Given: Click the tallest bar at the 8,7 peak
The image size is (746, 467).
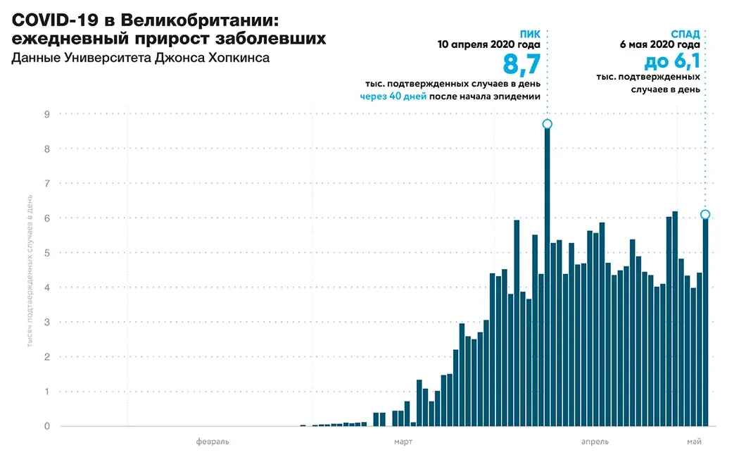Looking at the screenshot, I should [x=547, y=282].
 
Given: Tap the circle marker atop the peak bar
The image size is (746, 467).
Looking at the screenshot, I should [x=547, y=124].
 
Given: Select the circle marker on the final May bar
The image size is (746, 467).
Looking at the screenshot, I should [x=705, y=214].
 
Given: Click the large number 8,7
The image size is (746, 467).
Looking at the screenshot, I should [x=521, y=65].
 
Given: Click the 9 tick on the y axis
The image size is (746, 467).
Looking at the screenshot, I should [x=46, y=114].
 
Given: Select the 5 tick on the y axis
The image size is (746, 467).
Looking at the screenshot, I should [x=46, y=253].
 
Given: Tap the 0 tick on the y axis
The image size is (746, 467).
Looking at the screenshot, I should [x=46, y=426].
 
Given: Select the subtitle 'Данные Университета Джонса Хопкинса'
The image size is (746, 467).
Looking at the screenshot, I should [x=141, y=58].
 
